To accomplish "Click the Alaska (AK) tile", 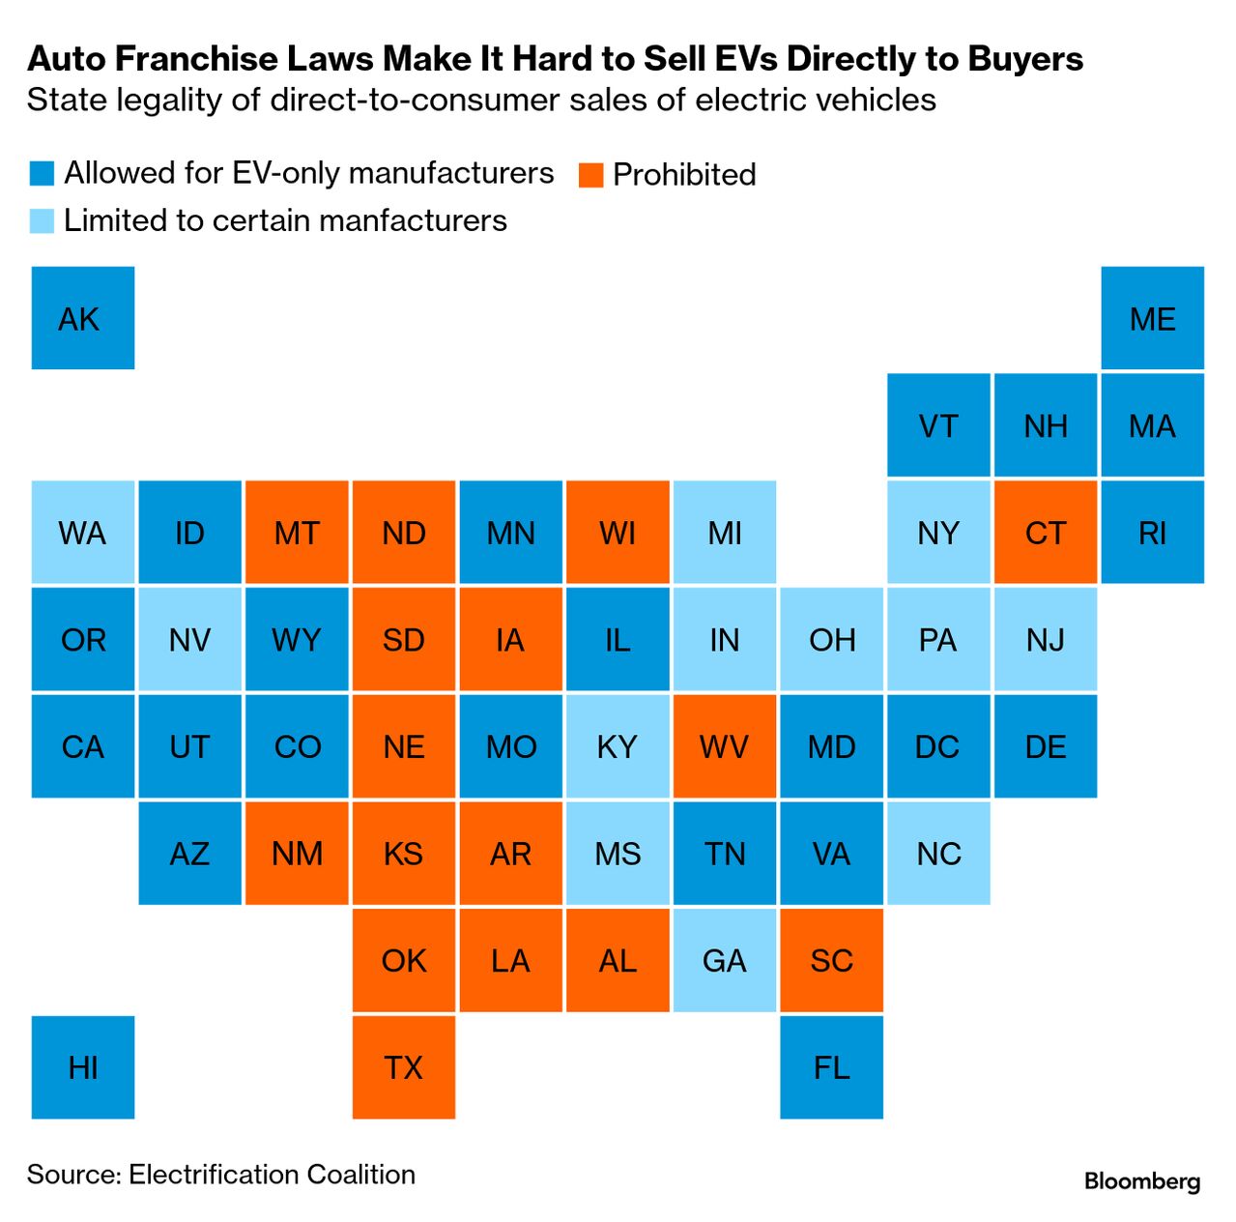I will pyautogui.click(x=83, y=318).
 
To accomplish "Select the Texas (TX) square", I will pyautogui.click(x=404, y=1067).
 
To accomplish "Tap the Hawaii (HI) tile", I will pyautogui.click(x=83, y=1067).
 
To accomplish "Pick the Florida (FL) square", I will pyautogui.click(x=832, y=1067).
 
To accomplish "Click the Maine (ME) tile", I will pyautogui.click(x=1153, y=318).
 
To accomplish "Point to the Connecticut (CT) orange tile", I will pyautogui.click(x=1046, y=533).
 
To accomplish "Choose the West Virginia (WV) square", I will pyautogui.click(x=725, y=746).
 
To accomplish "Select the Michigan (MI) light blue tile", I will pyautogui.click(x=725, y=533).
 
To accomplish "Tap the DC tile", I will pyautogui.click(x=938, y=746).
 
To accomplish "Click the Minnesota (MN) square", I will pyautogui.click(x=510, y=533).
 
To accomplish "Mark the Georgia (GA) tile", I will pyautogui.click(x=725, y=960).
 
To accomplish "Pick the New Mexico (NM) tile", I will pyautogui.click(x=297, y=854).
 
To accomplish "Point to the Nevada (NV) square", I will pyautogui.click(x=190, y=639).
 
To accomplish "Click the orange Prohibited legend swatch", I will pyautogui.click(x=590, y=175).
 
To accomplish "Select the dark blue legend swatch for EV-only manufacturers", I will pyautogui.click(x=42, y=173).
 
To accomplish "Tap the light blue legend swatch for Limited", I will pyautogui.click(x=42, y=221).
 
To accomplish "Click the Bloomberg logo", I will pyautogui.click(x=1142, y=1180).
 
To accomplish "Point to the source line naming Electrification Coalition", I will pyautogui.click(x=221, y=1174).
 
